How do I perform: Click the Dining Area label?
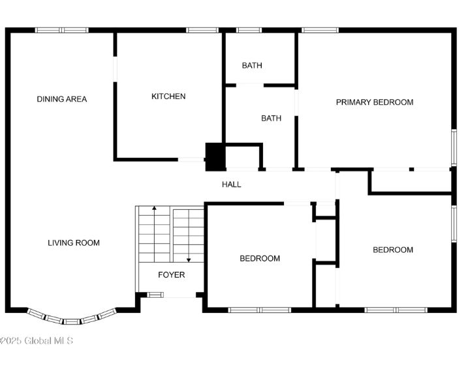(61, 99)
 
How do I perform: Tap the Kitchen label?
(168, 96)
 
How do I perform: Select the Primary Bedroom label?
(374, 102)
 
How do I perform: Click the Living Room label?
(74, 243)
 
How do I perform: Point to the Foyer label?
(171, 275)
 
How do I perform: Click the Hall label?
(231, 184)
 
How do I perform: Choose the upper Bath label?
(252, 65)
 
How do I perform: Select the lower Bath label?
(271, 119)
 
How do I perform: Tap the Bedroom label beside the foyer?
(260, 259)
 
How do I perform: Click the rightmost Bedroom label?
(393, 250)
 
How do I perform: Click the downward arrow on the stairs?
(189, 254)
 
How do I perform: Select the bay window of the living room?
(72, 318)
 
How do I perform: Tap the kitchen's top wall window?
(202, 30)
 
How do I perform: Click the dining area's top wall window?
(61, 30)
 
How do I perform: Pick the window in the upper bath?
(249, 30)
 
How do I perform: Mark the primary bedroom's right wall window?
(454, 147)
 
